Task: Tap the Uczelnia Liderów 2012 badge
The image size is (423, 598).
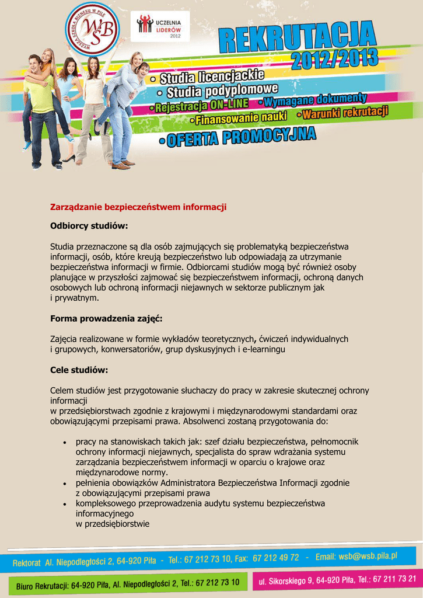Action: (x=151, y=26)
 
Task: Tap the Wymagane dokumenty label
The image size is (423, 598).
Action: (x=315, y=102)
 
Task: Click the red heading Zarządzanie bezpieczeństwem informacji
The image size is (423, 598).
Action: (x=138, y=207)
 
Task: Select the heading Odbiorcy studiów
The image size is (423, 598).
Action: (x=89, y=225)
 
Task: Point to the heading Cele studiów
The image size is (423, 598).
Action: (x=79, y=370)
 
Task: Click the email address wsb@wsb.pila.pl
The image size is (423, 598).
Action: (x=356, y=557)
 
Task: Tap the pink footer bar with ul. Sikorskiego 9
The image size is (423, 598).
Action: (x=337, y=579)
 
